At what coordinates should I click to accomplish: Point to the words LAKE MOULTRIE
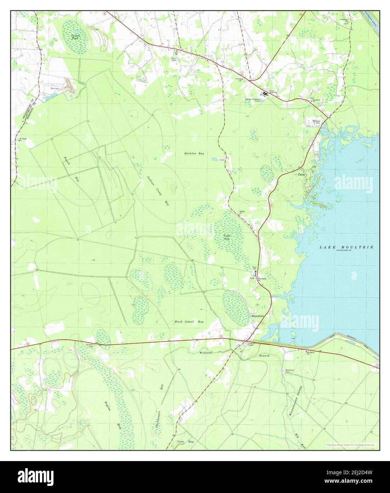346,247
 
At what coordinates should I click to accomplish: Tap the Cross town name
301,175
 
